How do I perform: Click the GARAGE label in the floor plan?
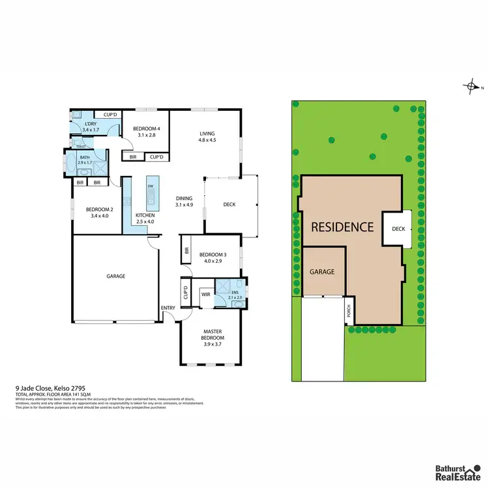pyautogui.click(x=116, y=276)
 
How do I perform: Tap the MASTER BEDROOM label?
pyautogui.click(x=213, y=334)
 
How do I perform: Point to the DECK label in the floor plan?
pyautogui.click(x=229, y=205)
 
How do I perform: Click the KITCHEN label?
pyautogui.click(x=145, y=215)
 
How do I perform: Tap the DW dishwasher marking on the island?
pyautogui.click(x=150, y=186)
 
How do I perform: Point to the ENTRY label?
pyautogui.click(x=168, y=308)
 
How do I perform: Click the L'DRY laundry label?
pyautogui.click(x=91, y=124)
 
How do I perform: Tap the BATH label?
pyautogui.click(x=85, y=157)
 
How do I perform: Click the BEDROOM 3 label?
pyautogui.click(x=212, y=254)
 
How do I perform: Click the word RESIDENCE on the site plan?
pyautogui.click(x=342, y=227)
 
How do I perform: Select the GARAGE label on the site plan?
pyautogui.click(x=322, y=271)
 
